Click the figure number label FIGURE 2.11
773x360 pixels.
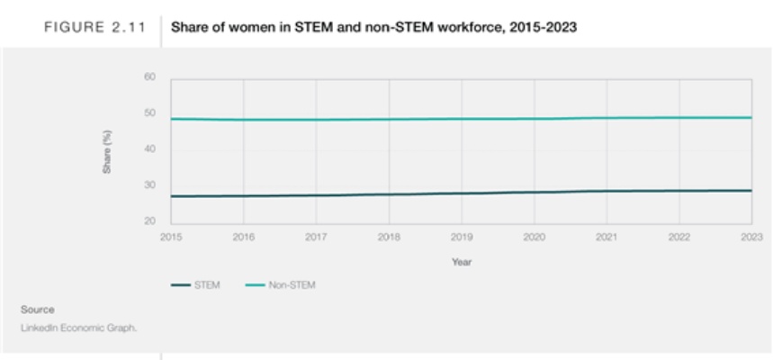[87, 28]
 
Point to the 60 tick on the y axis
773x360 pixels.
[150, 77]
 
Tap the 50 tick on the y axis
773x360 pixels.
[150, 113]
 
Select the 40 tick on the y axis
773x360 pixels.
[150, 148]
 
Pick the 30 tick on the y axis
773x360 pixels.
[150, 184]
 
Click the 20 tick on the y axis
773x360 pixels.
[150, 220]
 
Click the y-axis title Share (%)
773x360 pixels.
[107, 149]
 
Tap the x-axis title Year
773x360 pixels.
[461, 262]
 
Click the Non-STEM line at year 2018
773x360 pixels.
[389, 120]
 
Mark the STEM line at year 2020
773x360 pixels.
[534, 192]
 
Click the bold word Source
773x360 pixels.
[38, 310]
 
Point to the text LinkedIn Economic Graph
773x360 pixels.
[78, 327]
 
